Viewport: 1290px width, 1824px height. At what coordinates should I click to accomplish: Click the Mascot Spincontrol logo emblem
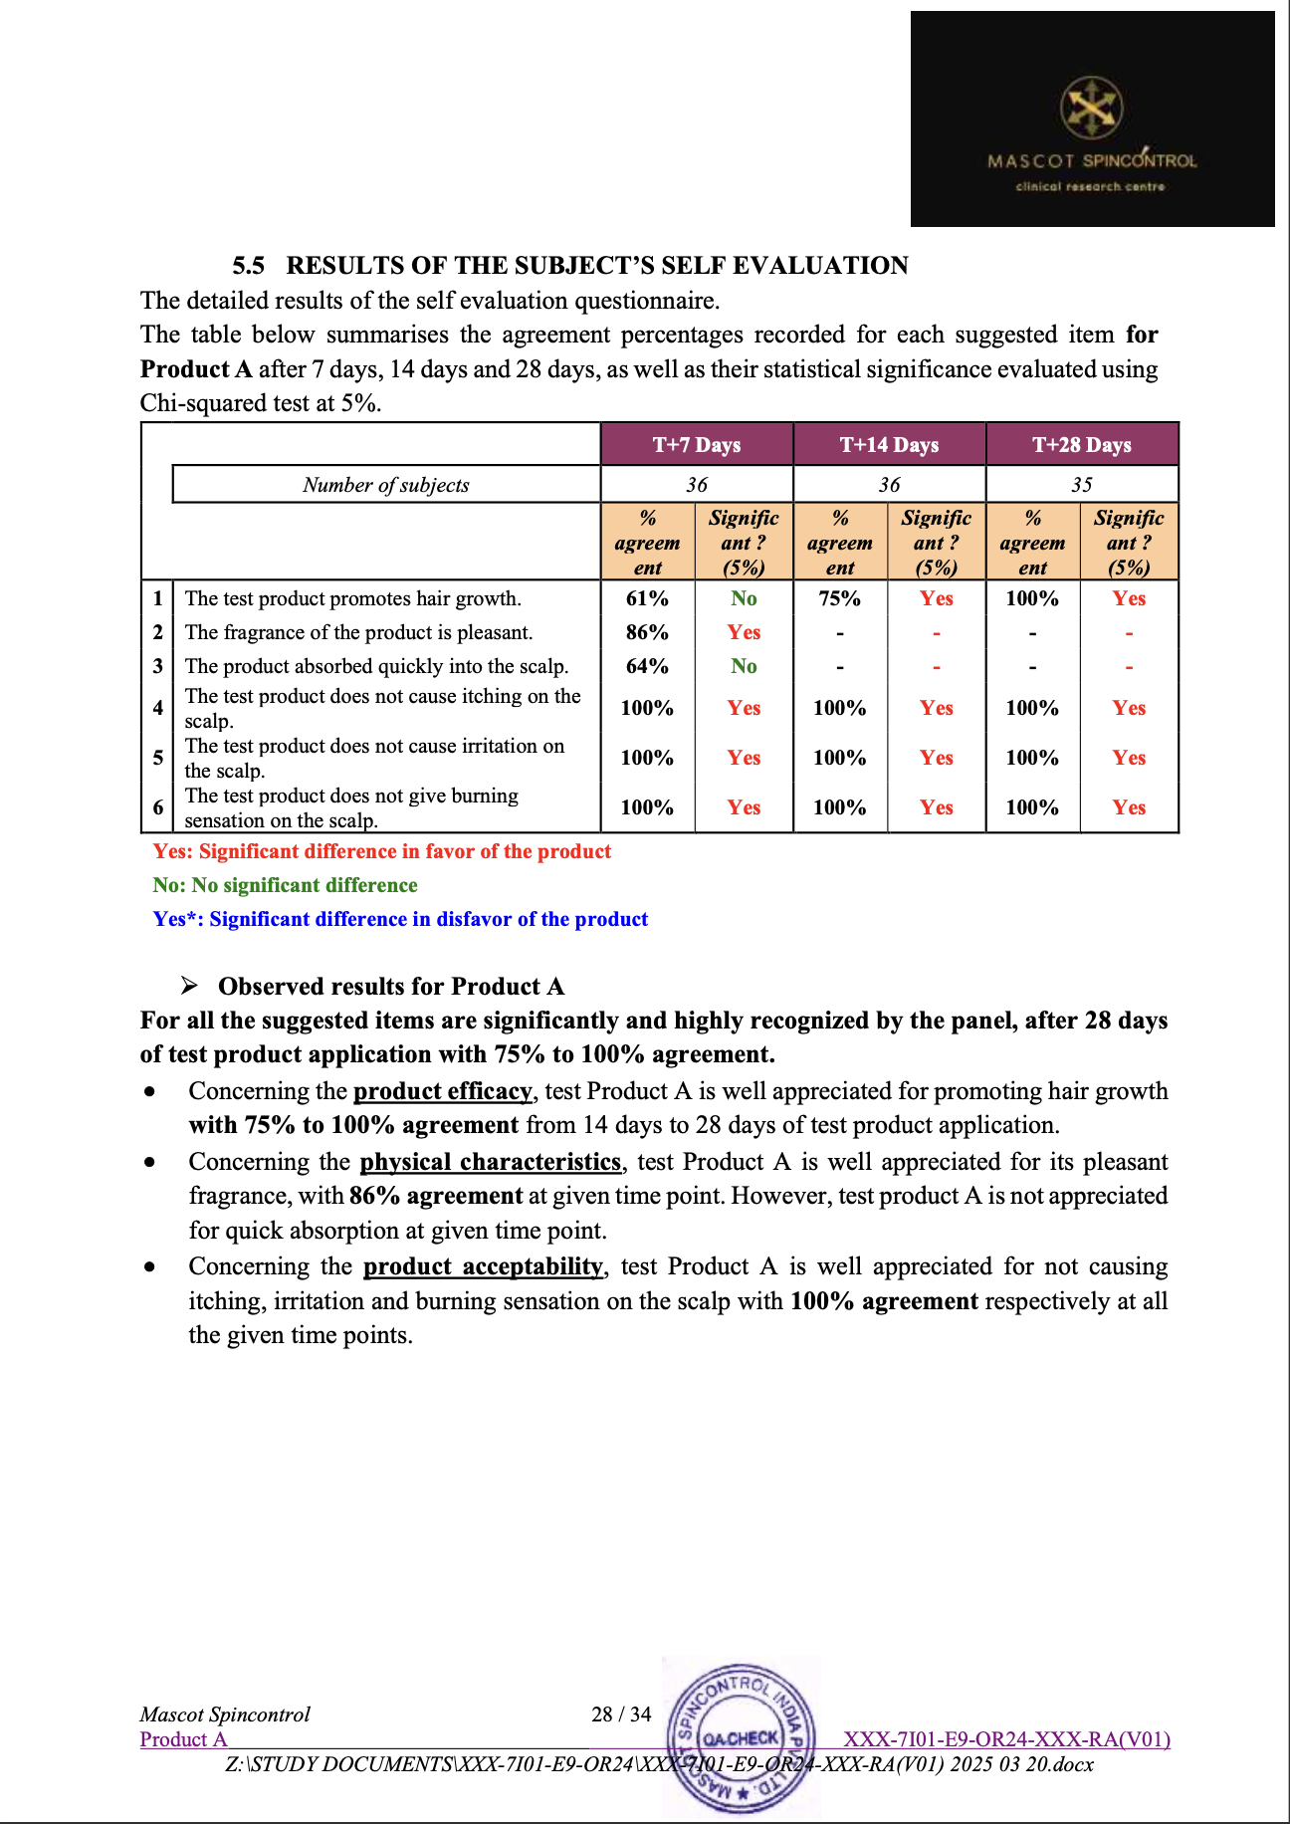coord(1091,108)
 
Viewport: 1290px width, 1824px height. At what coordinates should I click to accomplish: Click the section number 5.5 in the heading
coord(249,266)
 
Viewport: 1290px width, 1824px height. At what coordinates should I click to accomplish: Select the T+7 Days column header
coord(697,445)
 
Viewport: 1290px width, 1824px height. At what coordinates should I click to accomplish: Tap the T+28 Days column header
coord(1082,445)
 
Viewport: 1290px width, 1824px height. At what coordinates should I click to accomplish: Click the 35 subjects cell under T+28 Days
coord(1082,485)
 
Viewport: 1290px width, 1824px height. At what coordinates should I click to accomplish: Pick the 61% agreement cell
coord(647,598)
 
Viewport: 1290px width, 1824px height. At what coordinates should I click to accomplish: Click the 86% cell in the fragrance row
coord(647,632)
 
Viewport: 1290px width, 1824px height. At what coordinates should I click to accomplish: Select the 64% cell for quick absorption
coord(647,666)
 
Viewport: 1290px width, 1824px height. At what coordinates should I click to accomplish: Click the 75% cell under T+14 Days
coord(839,598)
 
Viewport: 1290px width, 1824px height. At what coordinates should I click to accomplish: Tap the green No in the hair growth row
coord(744,598)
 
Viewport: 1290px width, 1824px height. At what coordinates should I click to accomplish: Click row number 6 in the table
coord(157,807)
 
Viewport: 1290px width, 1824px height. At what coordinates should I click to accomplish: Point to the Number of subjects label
coord(386,485)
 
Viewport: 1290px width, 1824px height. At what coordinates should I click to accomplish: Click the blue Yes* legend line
coord(400,919)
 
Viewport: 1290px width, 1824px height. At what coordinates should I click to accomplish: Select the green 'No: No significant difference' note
coord(286,885)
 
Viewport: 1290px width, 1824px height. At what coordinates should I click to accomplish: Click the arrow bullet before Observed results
coord(189,987)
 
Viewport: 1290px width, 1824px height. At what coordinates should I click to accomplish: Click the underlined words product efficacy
coord(443,1091)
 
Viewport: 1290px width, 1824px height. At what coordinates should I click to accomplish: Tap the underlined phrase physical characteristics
coord(491,1162)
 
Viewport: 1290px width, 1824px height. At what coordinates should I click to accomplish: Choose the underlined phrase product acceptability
coord(484,1266)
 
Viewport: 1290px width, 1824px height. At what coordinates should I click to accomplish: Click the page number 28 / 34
coord(621,1714)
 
